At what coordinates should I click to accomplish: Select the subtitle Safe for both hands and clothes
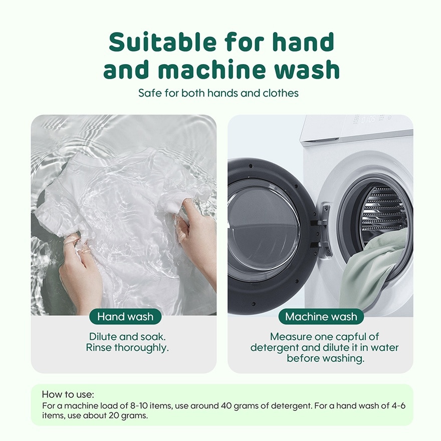point(218,93)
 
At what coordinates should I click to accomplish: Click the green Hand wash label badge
point(125,316)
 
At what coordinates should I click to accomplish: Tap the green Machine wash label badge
point(321,316)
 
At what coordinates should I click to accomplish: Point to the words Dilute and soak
point(127,337)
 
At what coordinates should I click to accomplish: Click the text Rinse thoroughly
point(127,348)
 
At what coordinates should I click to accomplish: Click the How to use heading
point(68,394)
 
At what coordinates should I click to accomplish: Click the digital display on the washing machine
point(368,119)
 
